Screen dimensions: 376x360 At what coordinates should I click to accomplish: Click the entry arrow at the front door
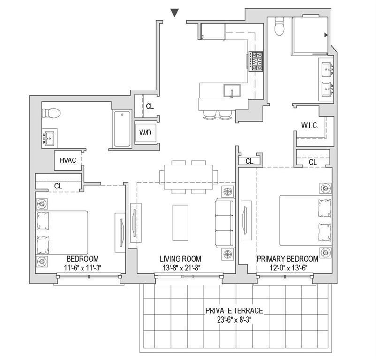click(x=174, y=13)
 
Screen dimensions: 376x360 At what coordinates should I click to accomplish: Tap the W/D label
click(x=145, y=133)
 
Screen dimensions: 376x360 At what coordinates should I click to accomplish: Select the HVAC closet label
click(x=68, y=160)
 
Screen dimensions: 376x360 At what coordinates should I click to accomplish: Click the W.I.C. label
click(x=310, y=125)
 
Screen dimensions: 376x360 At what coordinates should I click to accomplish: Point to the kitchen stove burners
click(x=256, y=61)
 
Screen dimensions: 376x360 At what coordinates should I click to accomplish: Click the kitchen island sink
click(x=232, y=90)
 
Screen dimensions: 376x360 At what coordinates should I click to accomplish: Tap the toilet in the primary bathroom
click(x=279, y=26)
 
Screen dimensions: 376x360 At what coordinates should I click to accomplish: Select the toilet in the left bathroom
click(x=51, y=113)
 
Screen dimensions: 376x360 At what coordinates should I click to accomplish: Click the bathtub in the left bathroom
click(x=122, y=128)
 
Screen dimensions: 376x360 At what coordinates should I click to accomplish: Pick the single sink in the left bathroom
click(x=50, y=138)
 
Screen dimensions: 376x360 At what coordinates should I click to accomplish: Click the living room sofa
click(x=225, y=223)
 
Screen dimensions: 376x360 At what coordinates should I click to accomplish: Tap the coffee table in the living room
click(x=180, y=223)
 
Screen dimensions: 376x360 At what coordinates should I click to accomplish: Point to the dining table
click(x=189, y=177)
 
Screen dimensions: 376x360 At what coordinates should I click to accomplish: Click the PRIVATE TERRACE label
click(x=234, y=311)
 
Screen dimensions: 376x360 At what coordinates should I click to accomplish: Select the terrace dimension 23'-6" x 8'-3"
click(x=234, y=320)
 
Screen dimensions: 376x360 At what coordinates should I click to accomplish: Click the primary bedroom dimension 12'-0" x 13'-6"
click(x=288, y=268)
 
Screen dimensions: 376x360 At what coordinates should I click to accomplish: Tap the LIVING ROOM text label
click(x=180, y=259)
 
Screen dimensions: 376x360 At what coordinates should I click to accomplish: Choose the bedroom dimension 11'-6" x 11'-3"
click(x=83, y=268)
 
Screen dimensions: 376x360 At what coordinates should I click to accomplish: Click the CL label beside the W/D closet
click(x=150, y=106)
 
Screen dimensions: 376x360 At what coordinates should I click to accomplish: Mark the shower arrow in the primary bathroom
click(x=326, y=35)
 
